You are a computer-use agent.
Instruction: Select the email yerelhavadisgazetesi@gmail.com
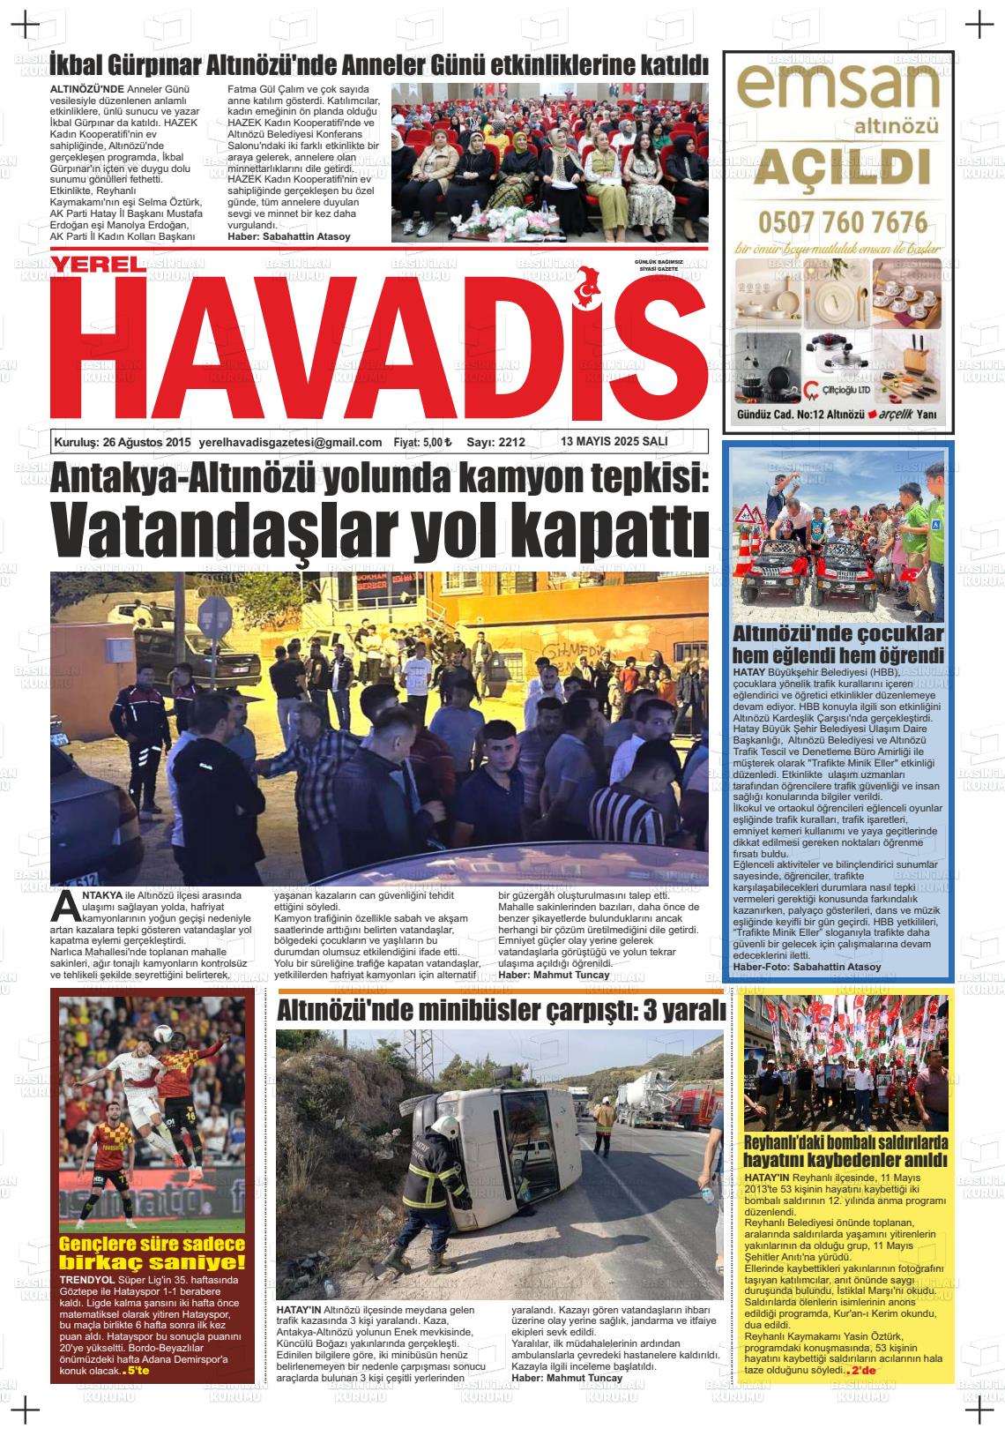291,443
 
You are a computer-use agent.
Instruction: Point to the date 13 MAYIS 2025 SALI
614,442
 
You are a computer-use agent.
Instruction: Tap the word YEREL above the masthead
95,265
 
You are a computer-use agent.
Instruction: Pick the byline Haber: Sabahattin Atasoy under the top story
288,237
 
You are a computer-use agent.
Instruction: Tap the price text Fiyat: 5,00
422,443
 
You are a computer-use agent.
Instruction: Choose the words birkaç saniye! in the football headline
152,1261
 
